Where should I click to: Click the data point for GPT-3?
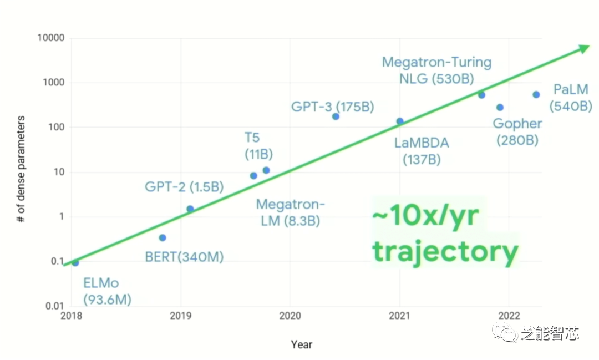pos(336,116)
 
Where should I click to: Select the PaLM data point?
pos(536,95)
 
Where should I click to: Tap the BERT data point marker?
pos(163,238)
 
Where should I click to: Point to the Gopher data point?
pos(500,108)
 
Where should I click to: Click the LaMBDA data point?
pos(400,121)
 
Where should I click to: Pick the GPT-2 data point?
pos(190,209)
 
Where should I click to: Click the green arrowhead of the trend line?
pos(583,48)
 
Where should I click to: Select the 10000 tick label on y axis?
pos(51,38)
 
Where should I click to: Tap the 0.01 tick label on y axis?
pos(54,306)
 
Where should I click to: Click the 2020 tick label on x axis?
pos(290,316)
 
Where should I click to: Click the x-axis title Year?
pos(302,344)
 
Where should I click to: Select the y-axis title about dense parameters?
pos(21,169)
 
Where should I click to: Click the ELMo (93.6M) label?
pos(107,292)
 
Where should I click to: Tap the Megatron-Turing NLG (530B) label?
pos(436,70)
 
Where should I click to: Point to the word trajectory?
pos(445,251)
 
